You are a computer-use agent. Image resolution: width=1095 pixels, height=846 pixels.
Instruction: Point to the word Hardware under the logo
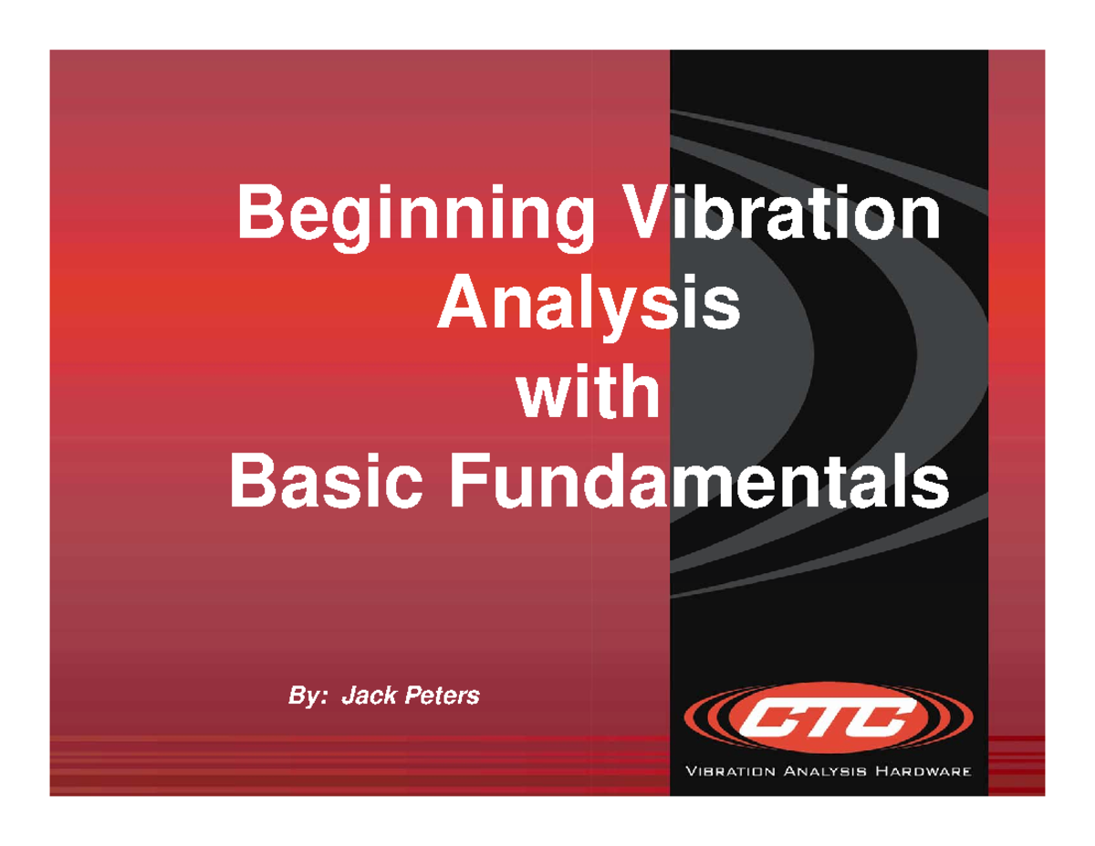click(922, 773)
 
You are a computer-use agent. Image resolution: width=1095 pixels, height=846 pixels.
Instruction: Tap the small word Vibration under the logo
click(730, 773)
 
